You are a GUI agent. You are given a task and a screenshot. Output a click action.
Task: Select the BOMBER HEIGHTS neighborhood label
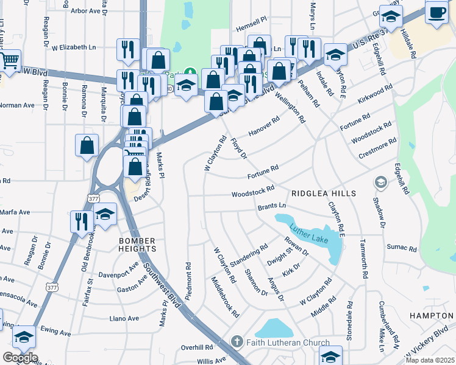click(x=138, y=244)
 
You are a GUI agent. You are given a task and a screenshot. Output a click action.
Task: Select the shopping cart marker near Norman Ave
click(x=9, y=61)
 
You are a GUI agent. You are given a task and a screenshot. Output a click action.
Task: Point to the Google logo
click(x=20, y=358)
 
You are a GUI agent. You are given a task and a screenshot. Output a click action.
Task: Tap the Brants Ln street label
click(x=272, y=207)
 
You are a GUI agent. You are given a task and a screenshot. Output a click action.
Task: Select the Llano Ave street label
click(x=124, y=318)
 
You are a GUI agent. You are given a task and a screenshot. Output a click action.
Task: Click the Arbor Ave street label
click(x=85, y=11)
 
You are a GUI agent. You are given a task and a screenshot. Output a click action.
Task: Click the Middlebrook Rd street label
click(x=225, y=296)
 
